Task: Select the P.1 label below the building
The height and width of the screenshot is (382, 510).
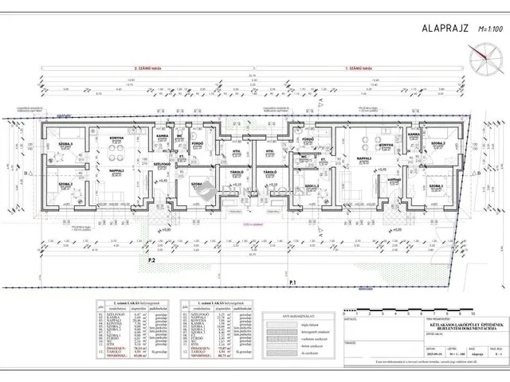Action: coord(293,283)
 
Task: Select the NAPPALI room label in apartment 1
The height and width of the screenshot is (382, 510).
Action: coord(365,158)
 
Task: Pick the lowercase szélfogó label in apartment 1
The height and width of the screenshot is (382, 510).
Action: coord(393,179)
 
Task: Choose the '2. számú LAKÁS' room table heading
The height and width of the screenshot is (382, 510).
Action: coord(131,303)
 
